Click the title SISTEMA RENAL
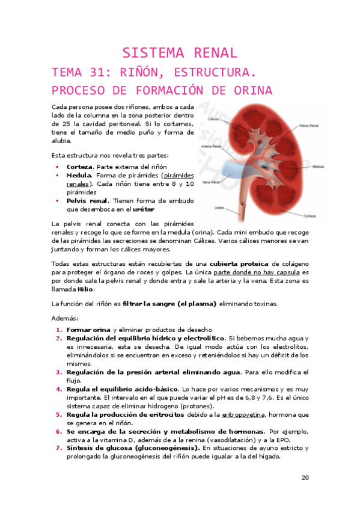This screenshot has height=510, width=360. (x=180, y=52)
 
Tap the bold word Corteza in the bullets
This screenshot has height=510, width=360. (x=80, y=167)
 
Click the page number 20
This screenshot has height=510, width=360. (x=305, y=478)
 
